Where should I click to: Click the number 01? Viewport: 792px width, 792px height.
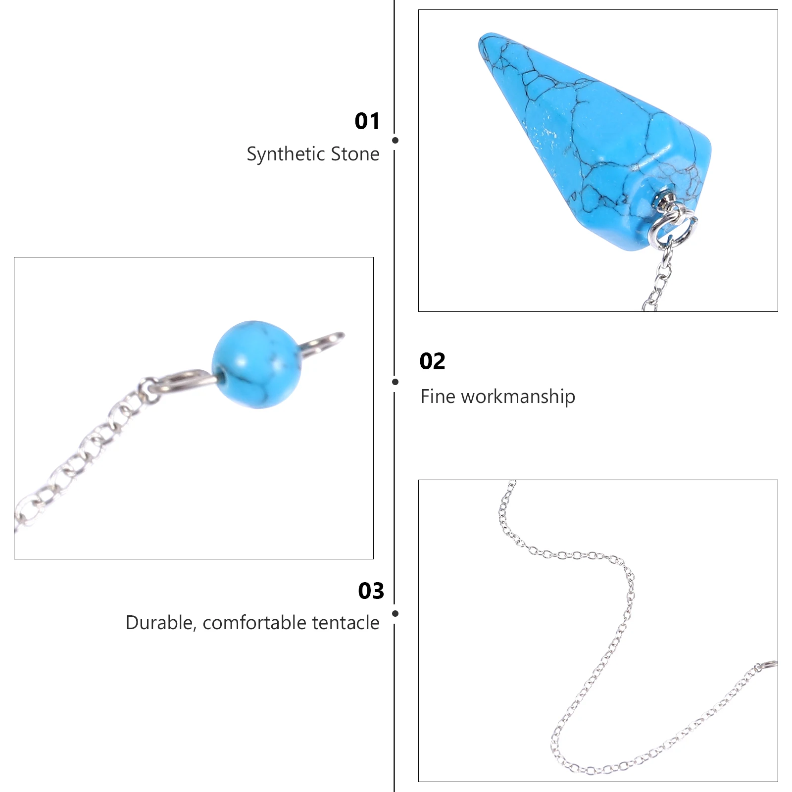pos(367,121)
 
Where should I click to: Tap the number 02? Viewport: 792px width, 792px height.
pos(432,361)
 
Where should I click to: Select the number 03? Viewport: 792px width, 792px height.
pos(371,591)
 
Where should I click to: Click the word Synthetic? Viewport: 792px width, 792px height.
pos(286,154)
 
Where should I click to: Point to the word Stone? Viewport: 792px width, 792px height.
pos(355,154)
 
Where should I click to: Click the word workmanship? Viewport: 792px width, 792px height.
pos(518,397)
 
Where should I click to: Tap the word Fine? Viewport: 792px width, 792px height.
pos(438,396)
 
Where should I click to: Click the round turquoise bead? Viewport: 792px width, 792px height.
pos(256,364)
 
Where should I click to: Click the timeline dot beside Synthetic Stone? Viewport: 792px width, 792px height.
pos(395,141)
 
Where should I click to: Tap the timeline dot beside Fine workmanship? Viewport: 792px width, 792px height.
pos(395,382)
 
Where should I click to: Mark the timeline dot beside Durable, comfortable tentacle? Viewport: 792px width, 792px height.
pos(395,614)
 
